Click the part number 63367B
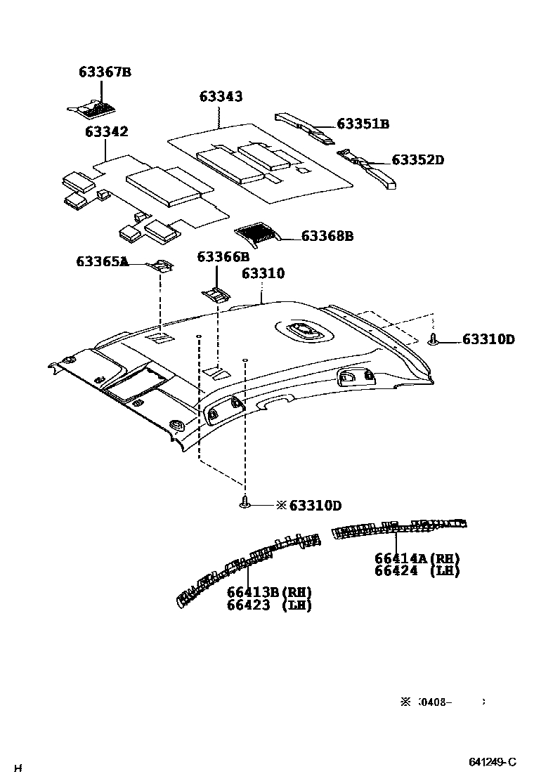pos(105,72)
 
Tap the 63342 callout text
pos(107,131)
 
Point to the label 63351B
pos(363,124)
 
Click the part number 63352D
pos(417,160)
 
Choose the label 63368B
pos(327,236)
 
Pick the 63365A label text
pos(102,262)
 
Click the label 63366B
pos(223,257)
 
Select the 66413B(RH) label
pos(269,592)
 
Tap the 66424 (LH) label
pos(417,571)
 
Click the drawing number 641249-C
pos(493,762)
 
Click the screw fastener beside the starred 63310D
pos(245,503)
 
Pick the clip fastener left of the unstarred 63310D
pos(434,340)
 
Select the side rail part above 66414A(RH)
pos(397,528)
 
